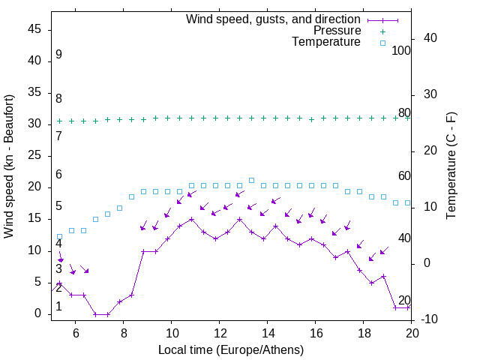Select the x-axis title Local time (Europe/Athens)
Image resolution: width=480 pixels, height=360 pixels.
pos(232,350)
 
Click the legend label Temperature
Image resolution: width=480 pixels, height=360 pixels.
pos(326,43)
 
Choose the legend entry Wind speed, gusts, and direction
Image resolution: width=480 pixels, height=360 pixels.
pos(274,19)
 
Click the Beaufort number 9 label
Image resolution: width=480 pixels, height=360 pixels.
pos(58,55)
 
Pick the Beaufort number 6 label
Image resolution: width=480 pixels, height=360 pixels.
pos(58,175)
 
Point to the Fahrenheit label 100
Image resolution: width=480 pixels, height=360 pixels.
pos(401,50)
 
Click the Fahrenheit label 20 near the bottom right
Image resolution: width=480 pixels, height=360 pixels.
pos(404,300)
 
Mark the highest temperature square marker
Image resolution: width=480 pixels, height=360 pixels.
pos(251,180)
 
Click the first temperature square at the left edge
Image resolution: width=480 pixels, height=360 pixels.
pos(60,236)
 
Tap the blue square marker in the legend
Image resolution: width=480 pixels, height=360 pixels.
pos(382,43)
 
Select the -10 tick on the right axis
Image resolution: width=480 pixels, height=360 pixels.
pos(431,319)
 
